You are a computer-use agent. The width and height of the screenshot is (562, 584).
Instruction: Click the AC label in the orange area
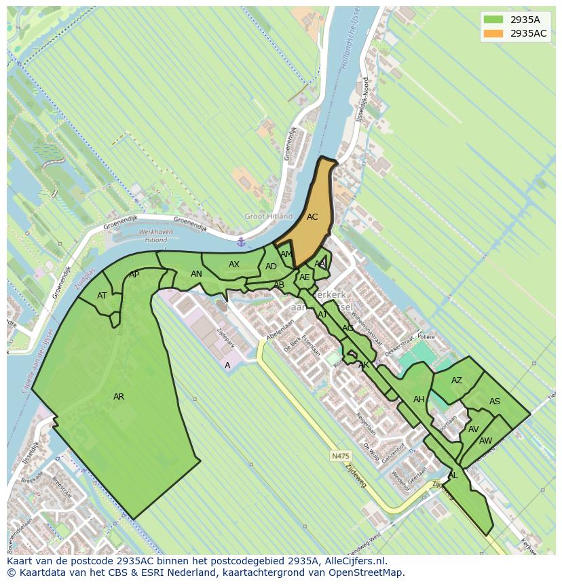[x=312, y=217]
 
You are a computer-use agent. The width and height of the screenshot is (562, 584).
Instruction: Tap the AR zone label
[x=119, y=397]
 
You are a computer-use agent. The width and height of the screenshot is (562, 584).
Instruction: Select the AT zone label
[x=102, y=296]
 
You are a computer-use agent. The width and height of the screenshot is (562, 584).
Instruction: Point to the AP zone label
[x=134, y=275]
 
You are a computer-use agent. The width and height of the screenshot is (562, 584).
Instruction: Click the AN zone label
[x=196, y=274]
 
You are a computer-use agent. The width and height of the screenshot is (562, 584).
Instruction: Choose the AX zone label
[x=234, y=265]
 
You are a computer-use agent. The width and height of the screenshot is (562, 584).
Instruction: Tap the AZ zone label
[x=457, y=381]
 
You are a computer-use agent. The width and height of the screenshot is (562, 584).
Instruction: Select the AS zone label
[x=495, y=402]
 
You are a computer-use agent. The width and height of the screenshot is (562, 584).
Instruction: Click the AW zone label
[x=486, y=441]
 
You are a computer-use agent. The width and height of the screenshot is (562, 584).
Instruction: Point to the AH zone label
[x=419, y=400]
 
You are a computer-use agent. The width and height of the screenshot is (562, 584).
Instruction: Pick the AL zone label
[x=453, y=475]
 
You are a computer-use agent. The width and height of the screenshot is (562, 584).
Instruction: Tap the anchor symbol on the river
[x=240, y=242]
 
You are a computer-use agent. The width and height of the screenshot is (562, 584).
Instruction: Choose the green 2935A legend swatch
[x=493, y=20]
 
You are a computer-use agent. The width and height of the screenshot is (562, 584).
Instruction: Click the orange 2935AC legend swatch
[x=493, y=33]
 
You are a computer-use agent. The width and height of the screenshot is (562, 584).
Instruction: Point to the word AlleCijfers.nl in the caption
[x=353, y=561]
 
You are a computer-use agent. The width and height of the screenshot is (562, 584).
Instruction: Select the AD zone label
[x=271, y=267]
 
